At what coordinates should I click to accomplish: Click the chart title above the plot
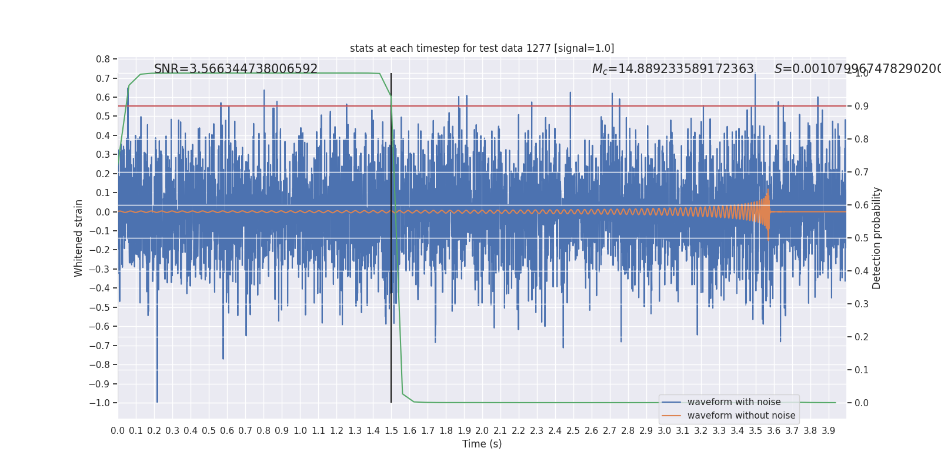pos(482,48)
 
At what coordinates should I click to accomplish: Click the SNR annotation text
pos(236,69)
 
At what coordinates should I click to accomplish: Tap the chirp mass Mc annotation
pos(673,69)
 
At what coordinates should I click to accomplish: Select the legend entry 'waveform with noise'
pos(733,402)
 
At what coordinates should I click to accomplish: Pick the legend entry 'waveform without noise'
pos(741,416)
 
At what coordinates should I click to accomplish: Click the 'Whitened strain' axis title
pos(79,238)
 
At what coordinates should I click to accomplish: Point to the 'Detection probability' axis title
pos(877,238)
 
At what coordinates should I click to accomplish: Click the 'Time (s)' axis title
pos(482,444)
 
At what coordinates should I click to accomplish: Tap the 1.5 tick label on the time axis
pos(391,431)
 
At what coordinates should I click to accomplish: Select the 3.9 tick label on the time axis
pos(828,431)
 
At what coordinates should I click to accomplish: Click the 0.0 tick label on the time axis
pos(118,431)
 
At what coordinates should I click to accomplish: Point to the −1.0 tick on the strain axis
pos(103,403)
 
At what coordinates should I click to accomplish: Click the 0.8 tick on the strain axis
pos(103,59)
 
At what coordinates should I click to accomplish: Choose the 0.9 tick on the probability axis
pos(861,107)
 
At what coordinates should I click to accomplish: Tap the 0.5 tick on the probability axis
pos(861,238)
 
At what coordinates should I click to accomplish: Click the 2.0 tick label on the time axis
pos(482,431)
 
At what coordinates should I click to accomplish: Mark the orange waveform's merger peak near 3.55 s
pos(768,192)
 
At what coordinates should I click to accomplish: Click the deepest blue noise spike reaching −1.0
pos(157,400)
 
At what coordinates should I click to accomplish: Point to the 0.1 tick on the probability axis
pos(861,370)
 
